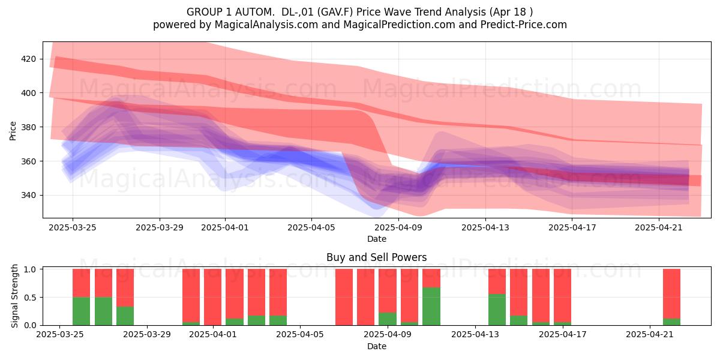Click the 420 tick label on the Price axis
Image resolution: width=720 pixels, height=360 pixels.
(28, 59)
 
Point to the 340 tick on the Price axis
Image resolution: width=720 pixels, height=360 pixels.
(28, 196)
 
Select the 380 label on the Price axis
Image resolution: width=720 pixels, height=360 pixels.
(28, 127)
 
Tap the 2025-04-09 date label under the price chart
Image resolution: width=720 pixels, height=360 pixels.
(398, 227)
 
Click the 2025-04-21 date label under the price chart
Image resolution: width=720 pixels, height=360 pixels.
(659, 227)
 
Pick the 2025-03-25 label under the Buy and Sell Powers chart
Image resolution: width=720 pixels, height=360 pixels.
(60, 335)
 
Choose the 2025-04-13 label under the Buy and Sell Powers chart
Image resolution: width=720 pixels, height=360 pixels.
(475, 335)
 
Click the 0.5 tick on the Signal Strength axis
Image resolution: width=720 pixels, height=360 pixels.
(30, 298)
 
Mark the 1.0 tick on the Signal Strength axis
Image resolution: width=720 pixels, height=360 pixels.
(30, 269)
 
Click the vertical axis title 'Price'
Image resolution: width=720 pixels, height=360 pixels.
(13, 131)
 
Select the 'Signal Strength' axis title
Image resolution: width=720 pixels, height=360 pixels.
(14, 296)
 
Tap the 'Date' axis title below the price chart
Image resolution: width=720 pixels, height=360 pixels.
(377, 239)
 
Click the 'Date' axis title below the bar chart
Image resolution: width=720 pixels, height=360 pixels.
(377, 347)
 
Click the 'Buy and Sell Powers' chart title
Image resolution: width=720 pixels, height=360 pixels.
(377, 257)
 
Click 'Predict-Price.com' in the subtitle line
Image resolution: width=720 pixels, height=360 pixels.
(524, 25)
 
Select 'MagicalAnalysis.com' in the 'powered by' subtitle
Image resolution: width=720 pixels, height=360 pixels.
(266, 25)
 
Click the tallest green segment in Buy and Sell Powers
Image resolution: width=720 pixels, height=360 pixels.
(431, 307)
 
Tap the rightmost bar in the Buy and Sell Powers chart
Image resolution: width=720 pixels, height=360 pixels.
(672, 297)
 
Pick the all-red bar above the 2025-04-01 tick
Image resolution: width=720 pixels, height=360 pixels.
(213, 297)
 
